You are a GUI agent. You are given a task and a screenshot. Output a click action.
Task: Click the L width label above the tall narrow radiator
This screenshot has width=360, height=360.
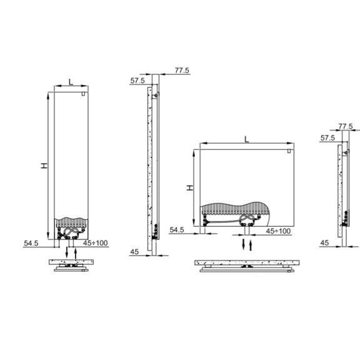(x=71, y=82)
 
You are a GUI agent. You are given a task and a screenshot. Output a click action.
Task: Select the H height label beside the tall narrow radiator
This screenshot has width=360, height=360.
(x=44, y=166)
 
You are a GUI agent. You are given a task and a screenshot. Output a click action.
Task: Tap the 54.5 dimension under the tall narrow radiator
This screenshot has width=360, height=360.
(x=31, y=243)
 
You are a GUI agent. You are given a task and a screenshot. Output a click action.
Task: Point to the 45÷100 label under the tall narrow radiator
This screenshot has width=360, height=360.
(x=95, y=242)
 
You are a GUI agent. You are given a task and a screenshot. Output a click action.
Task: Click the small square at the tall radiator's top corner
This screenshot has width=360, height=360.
(x=84, y=94)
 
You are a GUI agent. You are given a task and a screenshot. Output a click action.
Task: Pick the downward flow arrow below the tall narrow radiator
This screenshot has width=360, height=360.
(x=67, y=252)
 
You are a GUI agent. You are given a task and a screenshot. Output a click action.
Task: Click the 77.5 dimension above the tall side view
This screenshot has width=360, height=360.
(x=182, y=70)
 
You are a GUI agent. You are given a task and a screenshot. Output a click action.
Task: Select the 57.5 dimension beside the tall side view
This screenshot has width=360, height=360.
(x=137, y=81)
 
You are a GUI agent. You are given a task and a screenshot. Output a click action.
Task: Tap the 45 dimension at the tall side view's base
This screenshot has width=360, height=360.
(x=134, y=252)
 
